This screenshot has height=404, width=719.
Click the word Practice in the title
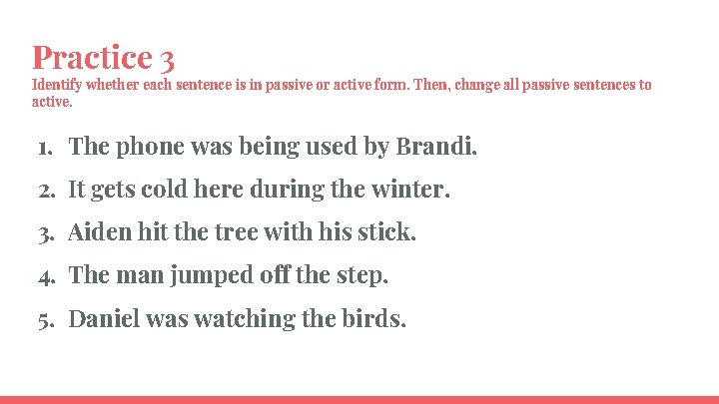tap(91, 56)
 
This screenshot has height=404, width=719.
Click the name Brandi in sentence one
tap(435, 147)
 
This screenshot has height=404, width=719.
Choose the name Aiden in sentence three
tap(98, 232)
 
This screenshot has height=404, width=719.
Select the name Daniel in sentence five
tap(104, 319)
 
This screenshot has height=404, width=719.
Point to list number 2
tap(44, 190)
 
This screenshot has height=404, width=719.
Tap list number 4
tap(44, 275)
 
